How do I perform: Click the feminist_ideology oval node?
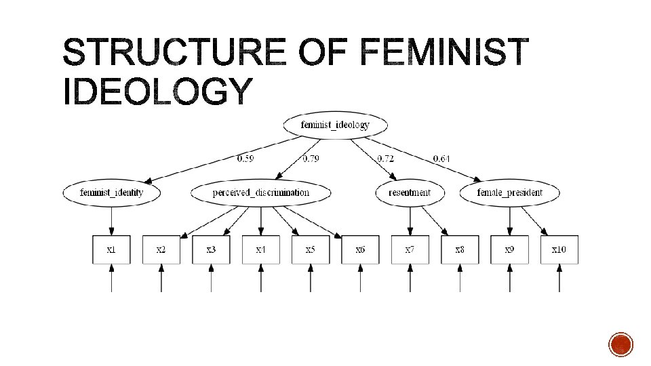coord(335,125)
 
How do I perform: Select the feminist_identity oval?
coord(112,192)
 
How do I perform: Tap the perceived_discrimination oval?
coord(261,192)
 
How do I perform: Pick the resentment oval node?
coord(410,192)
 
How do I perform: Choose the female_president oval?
coord(510,192)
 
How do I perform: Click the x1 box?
coord(112,249)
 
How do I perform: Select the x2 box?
coord(161,249)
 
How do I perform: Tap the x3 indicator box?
coord(211,249)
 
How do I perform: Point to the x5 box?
coord(311,249)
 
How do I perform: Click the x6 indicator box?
coord(360,249)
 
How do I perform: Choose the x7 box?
coord(410,249)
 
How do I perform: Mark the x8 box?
coord(460,249)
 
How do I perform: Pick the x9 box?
coord(509,249)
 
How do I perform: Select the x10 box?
coord(559,249)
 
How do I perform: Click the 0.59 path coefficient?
coord(245,159)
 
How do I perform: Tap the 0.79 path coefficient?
coord(311,159)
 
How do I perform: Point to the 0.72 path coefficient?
coord(386,159)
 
